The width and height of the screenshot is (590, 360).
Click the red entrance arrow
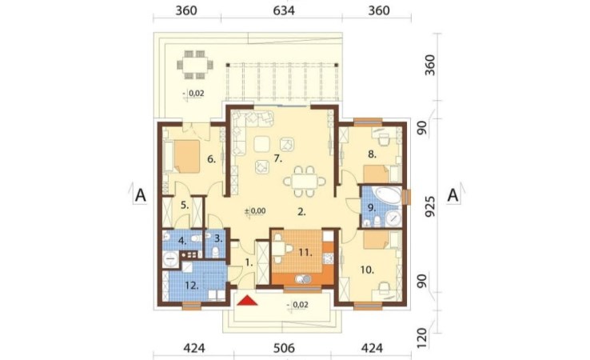[247, 300]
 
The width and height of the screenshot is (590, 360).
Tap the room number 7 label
[277, 158]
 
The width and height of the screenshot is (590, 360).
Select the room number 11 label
[305, 253]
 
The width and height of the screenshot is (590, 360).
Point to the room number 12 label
[192, 286]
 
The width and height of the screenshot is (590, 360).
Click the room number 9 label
[372, 207]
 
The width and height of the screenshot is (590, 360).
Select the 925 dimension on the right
[429, 206]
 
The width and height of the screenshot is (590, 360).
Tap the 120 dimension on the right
[422, 338]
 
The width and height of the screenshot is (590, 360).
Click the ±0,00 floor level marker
[256, 211]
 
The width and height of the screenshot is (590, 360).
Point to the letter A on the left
[140, 195]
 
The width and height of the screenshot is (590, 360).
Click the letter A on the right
[453, 195]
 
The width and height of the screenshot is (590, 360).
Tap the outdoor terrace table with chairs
[195, 64]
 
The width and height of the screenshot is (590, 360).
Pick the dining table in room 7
[305, 182]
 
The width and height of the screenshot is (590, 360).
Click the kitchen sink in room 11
[303, 279]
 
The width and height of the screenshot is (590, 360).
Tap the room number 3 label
[218, 238]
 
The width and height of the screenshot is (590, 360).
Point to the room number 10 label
[367, 270]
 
